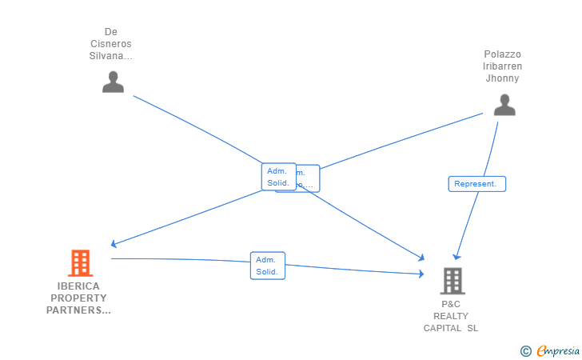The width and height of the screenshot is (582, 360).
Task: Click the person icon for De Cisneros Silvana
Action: coord(113,82)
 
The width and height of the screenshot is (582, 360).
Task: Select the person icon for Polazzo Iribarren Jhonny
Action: coord(504,105)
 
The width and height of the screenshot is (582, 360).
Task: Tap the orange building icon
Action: coord(80,262)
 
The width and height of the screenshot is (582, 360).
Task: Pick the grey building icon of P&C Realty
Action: coord(452,281)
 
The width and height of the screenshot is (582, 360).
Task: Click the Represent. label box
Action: coord(476,184)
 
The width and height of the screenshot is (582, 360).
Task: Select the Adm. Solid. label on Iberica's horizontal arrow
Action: coord(267,266)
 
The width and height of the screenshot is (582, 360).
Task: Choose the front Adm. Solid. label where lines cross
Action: coord(278,177)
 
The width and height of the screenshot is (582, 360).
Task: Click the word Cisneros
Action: coord(111,44)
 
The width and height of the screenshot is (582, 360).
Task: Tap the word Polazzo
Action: coord(503,54)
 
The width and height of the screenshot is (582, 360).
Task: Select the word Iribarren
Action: coord(503,66)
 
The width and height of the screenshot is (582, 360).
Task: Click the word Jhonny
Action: coord(503,78)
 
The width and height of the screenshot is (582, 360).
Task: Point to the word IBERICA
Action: coord(78,286)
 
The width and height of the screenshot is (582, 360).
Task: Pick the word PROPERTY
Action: coord(78,298)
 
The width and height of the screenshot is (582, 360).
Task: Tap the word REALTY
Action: coord(451,316)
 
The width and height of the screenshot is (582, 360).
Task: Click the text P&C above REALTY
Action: coord(451,304)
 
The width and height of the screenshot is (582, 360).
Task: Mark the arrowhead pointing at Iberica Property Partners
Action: coord(114,244)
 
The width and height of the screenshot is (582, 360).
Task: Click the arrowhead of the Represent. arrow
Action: coord(456,256)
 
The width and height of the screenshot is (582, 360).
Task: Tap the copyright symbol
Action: coord(525,350)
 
